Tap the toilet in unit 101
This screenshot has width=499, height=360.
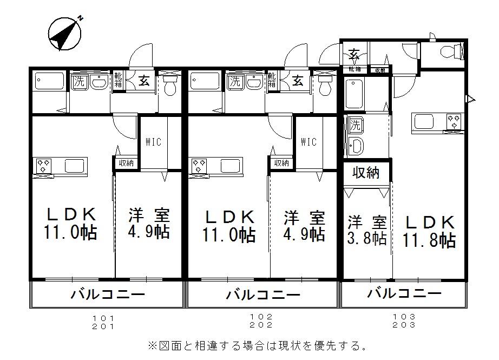point(170,86)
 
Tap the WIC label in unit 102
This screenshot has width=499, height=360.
point(308,142)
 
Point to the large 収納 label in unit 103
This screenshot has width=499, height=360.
point(366,173)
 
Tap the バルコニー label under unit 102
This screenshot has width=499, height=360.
point(262,295)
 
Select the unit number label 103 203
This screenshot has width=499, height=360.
point(405,320)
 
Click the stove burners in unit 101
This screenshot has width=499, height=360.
point(43,165)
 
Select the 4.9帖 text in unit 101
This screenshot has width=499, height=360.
point(149,232)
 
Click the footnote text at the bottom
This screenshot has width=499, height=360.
point(257,345)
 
